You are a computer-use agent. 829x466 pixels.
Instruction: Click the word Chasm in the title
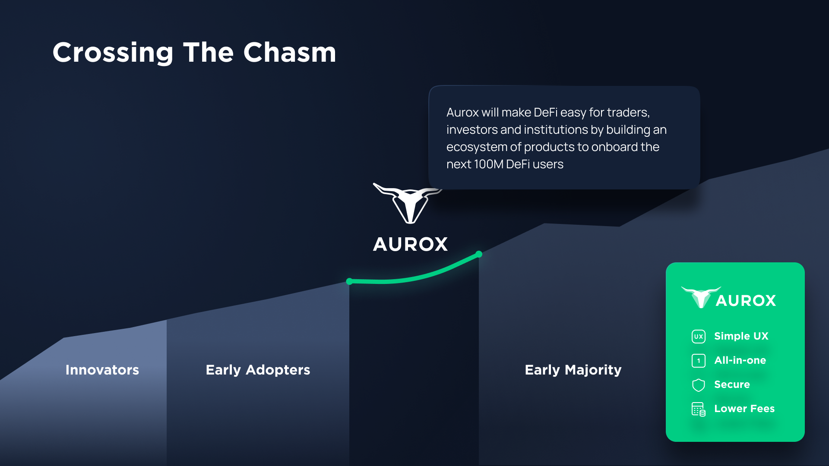290,52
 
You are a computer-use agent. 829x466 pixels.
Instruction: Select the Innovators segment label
102,370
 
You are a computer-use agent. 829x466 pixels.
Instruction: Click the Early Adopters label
258,370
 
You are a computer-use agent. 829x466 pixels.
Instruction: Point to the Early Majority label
573,370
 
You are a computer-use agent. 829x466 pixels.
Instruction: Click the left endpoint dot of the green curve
349,282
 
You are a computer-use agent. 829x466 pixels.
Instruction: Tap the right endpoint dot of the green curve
479,254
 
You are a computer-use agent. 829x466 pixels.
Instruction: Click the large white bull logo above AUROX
408,203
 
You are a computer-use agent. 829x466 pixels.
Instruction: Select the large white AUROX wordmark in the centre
410,244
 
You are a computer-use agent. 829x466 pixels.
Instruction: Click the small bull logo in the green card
701,297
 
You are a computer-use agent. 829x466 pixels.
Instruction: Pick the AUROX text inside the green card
746,301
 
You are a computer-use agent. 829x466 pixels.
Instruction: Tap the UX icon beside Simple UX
699,337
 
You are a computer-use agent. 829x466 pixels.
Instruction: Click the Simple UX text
741,336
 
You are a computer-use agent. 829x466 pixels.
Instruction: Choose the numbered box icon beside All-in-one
699,361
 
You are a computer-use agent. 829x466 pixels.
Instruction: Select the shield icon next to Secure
699,385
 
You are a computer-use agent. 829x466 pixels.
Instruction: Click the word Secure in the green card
732,384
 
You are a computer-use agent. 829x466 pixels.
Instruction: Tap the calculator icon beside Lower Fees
699,409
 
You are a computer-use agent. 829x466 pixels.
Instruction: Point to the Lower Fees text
744,409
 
